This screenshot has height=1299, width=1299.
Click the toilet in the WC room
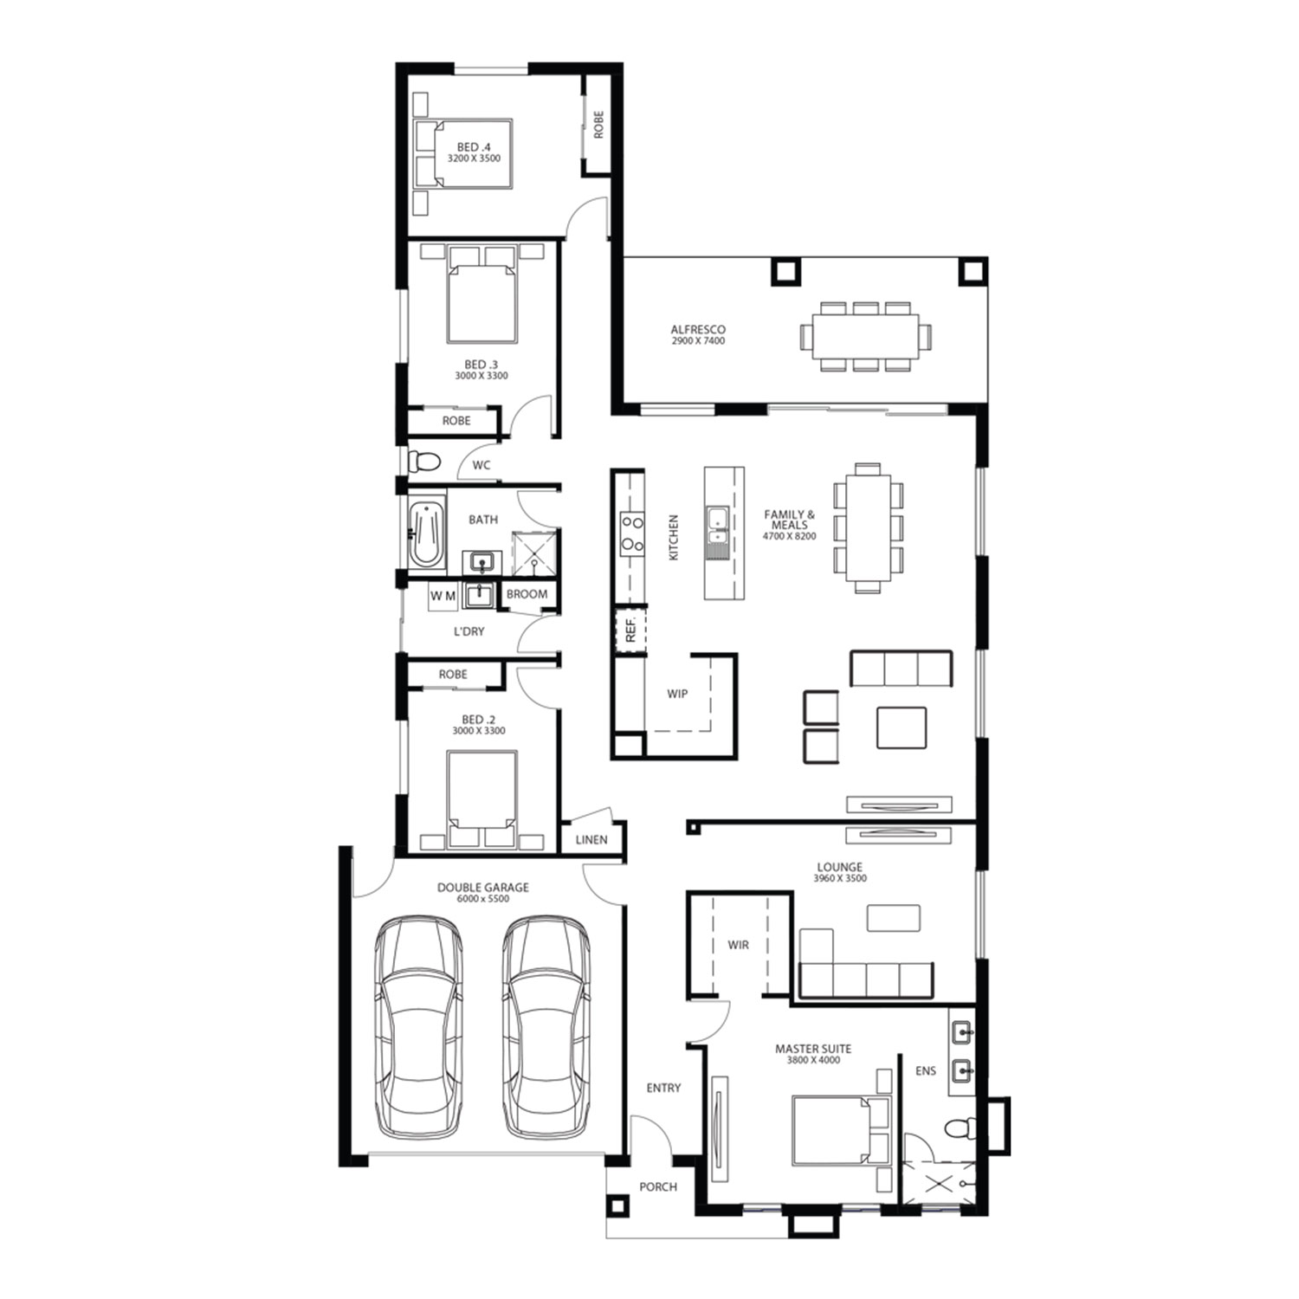click(423, 462)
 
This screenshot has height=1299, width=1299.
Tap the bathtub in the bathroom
click(426, 534)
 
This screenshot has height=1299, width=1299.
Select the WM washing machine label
click(443, 596)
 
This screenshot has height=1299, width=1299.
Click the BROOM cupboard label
click(527, 594)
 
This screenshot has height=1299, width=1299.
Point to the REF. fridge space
click(630, 630)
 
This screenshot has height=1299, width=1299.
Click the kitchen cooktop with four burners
click(632, 533)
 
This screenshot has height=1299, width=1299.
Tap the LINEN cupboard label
click(591, 840)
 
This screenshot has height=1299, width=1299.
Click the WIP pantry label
click(677, 694)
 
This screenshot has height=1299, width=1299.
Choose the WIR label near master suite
click(738, 945)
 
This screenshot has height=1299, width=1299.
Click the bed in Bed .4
click(463, 153)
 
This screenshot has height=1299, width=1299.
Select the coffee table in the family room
click(902, 727)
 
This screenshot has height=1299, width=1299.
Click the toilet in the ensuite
click(959, 1128)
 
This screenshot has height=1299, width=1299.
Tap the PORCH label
click(658, 1186)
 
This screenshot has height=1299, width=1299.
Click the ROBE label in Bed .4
click(598, 125)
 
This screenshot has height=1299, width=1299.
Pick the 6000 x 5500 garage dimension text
click(483, 899)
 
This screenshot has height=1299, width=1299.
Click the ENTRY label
click(663, 1088)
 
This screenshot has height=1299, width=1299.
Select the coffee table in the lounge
click(894, 918)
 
